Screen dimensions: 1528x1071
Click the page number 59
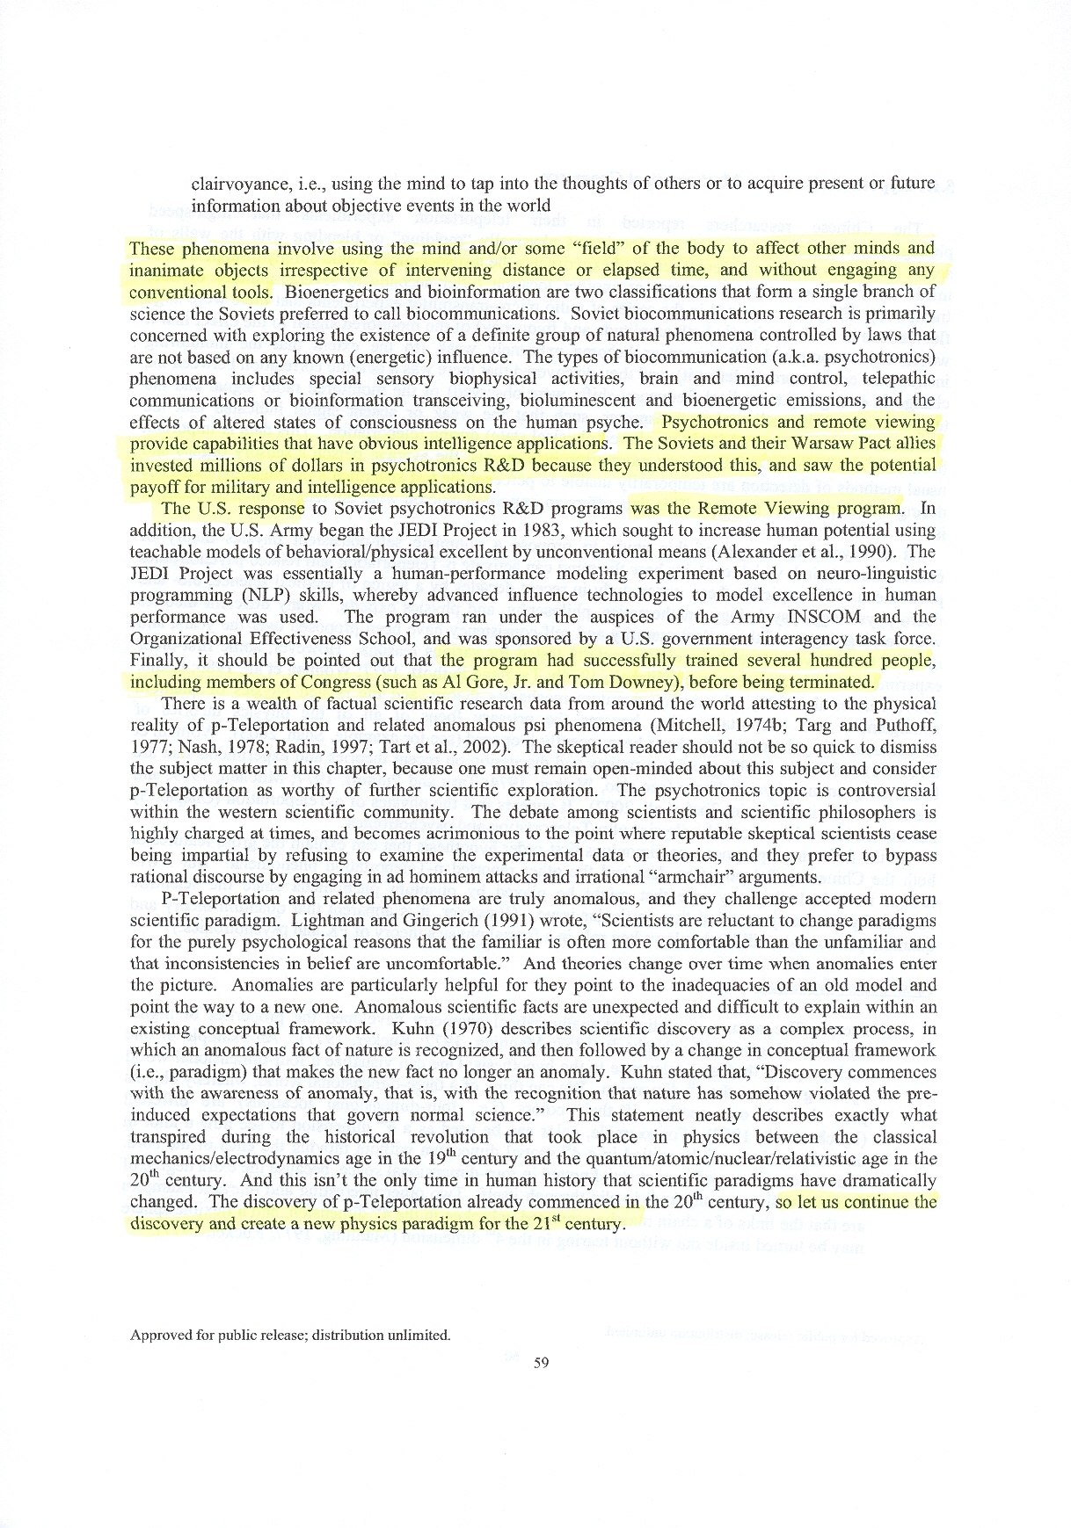tap(541, 1363)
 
